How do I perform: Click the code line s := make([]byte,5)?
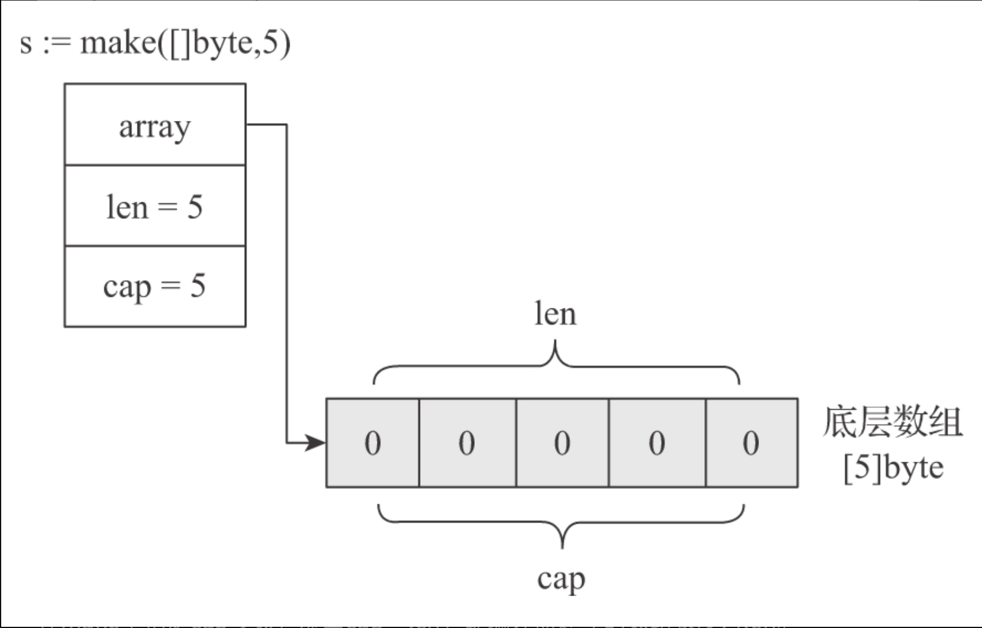pyautogui.click(x=155, y=43)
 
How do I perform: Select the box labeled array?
pyautogui.click(x=155, y=124)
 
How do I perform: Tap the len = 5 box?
pyautogui.click(x=155, y=206)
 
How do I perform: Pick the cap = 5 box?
pyautogui.click(x=155, y=287)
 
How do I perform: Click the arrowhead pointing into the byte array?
pyautogui.click(x=316, y=442)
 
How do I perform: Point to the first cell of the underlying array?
pyautogui.click(x=373, y=443)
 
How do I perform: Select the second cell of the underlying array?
pyautogui.click(x=467, y=443)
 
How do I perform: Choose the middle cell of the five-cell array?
pyautogui.click(x=562, y=443)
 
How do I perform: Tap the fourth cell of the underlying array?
pyautogui.click(x=657, y=443)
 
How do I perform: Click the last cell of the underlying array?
pyautogui.click(x=751, y=443)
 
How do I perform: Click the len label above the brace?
pyautogui.click(x=555, y=314)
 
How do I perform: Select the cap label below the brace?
pyautogui.click(x=561, y=579)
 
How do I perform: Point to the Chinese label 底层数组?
pyautogui.click(x=892, y=422)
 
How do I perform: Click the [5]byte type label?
pyautogui.click(x=893, y=468)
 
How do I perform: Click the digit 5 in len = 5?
pyautogui.click(x=195, y=206)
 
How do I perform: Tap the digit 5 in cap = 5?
pyautogui.click(x=198, y=286)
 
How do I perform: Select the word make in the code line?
pyautogui.click(x=118, y=43)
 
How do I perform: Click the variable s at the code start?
pyautogui.click(x=25, y=44)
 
